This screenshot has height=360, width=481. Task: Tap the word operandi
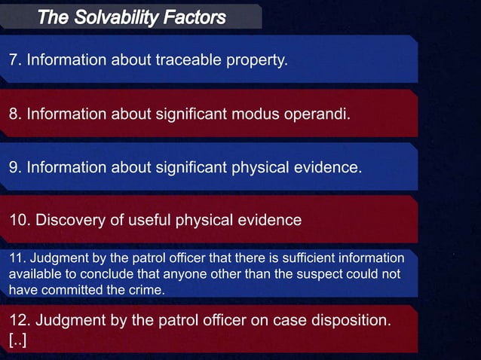[x=315, y=113]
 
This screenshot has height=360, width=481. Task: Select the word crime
[x=143, y=290]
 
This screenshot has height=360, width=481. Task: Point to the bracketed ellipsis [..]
[x=17, y=340]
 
